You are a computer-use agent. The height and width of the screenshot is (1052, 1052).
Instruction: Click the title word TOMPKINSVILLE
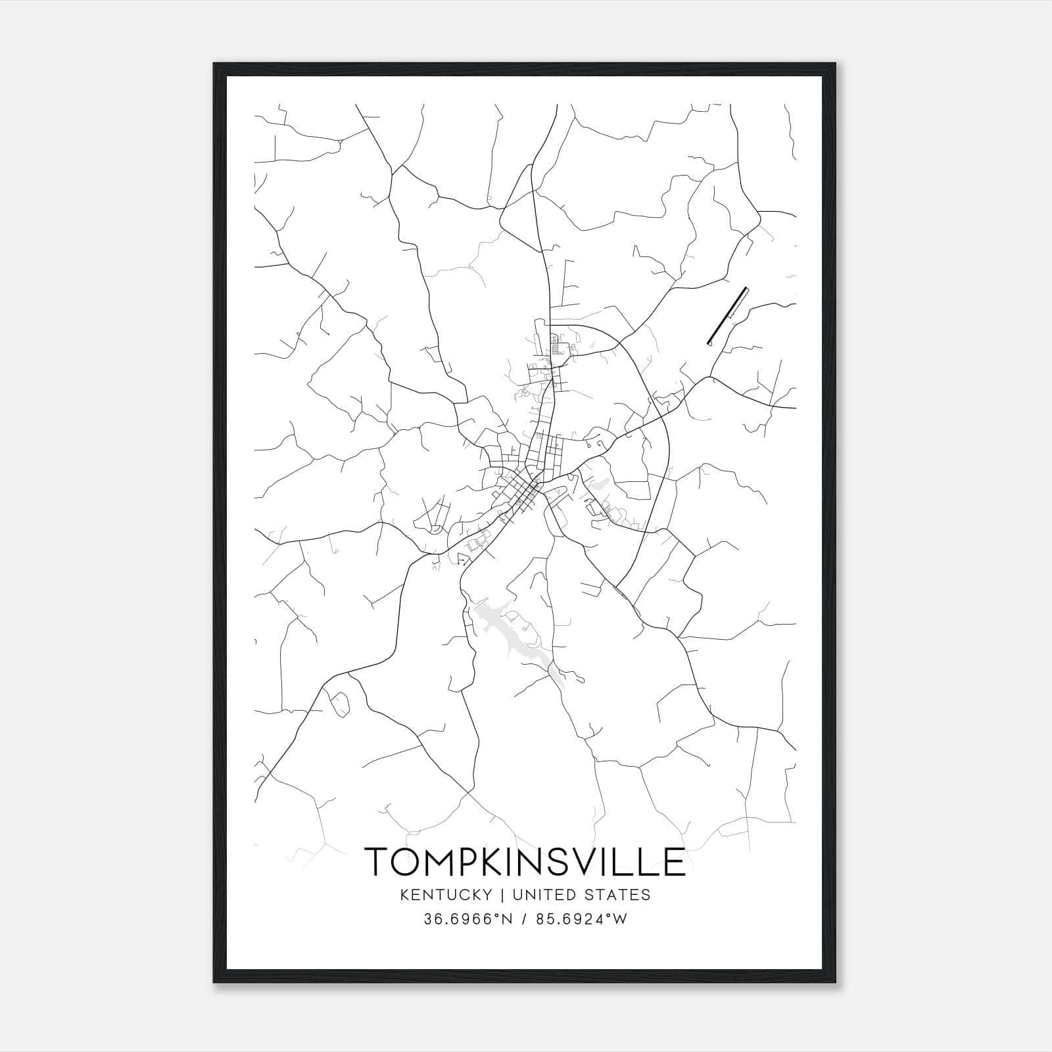tap(525, 862)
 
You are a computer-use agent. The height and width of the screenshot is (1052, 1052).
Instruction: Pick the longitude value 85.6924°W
tap(583, 919)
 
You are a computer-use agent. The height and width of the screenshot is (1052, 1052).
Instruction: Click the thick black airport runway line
tap(727, 316)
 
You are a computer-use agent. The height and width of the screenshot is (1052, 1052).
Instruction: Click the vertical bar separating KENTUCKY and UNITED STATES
tap(502, 895)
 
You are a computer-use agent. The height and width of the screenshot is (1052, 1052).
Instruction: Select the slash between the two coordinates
tap(525, 919)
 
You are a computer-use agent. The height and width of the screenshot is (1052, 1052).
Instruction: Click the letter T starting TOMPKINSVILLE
tap(376, 862)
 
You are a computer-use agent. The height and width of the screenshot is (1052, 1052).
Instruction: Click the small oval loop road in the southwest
tap(341, 704)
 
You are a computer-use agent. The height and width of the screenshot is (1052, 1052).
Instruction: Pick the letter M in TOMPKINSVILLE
tap(442, 862)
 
